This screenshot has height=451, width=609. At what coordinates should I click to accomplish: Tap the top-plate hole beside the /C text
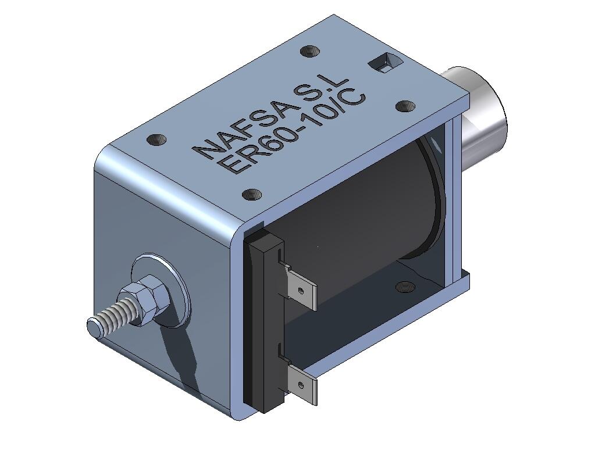405,106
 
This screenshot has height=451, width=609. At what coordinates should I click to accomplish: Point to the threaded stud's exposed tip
95,327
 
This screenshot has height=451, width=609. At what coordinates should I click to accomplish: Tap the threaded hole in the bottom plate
403,285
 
